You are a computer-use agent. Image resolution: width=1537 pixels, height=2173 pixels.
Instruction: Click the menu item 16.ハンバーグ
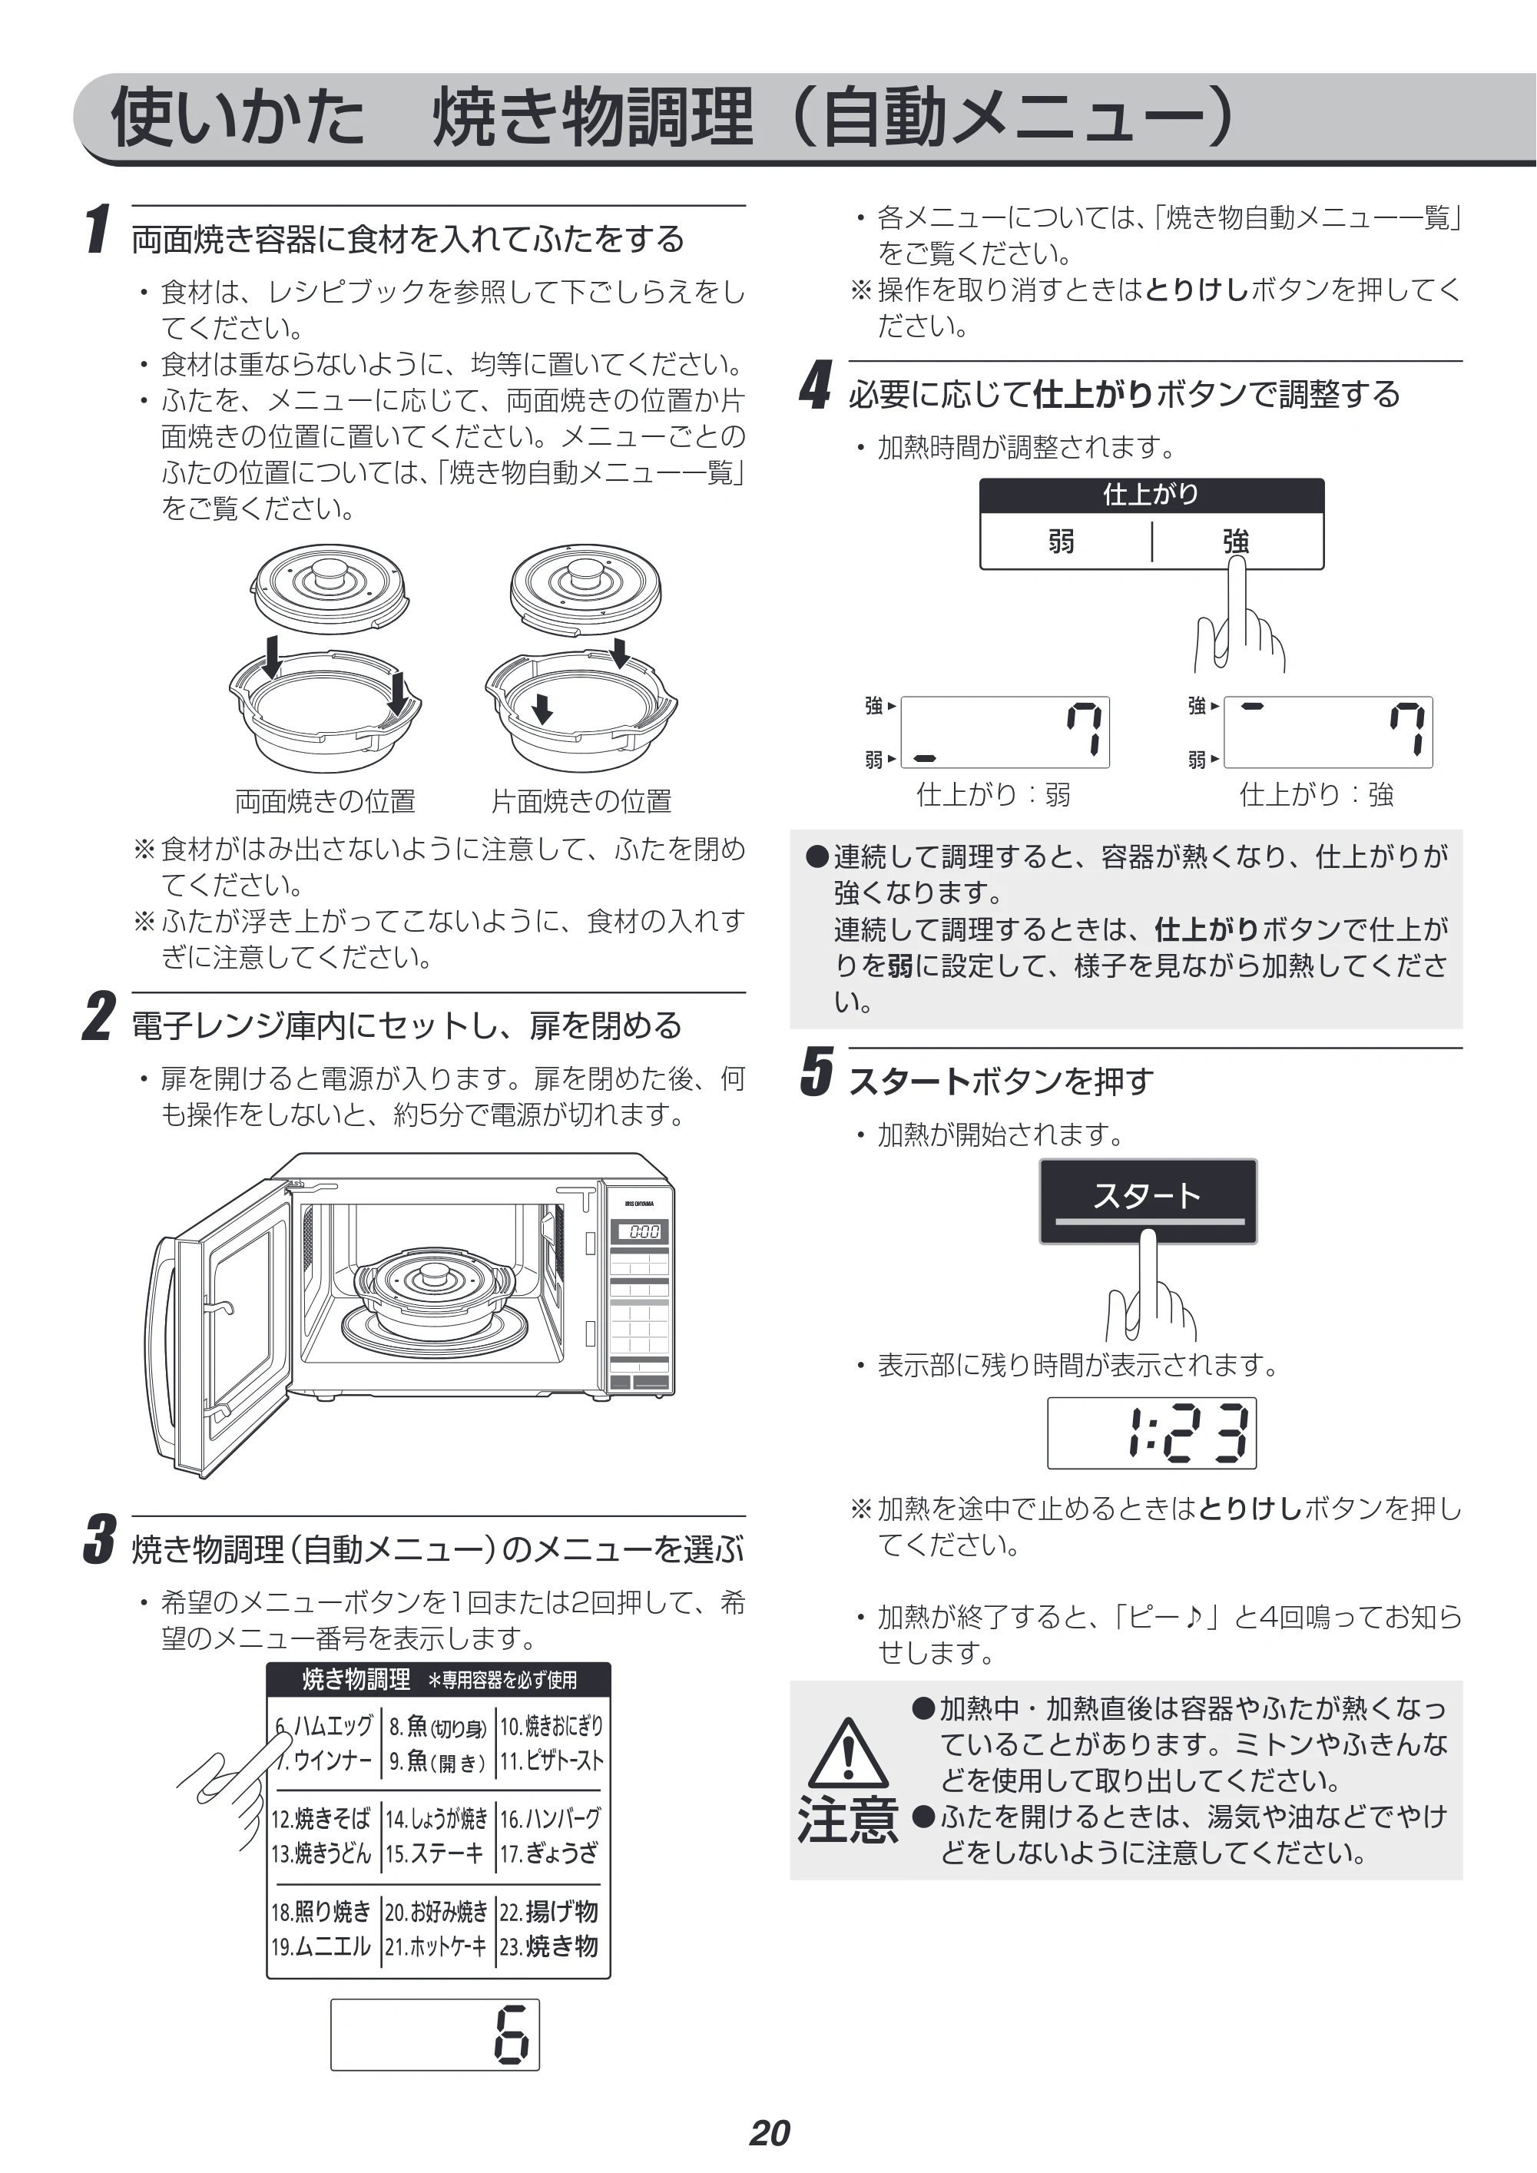pyautogui.click(x=550, y=1818)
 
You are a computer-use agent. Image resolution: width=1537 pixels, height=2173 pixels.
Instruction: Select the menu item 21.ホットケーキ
pyautogui.click(x=436, y=1946)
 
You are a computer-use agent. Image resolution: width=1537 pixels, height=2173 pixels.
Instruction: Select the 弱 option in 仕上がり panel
pyautogui.click(x=1062, y=542)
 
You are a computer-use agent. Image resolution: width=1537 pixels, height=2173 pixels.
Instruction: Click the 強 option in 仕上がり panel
pyautogui.click(x=1236, y=542)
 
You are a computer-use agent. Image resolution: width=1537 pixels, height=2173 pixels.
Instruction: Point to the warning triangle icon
pyautogui.click(x=849, y=1752)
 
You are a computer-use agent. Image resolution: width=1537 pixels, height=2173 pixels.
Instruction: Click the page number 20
pyautogui.click(x=770, y=2132)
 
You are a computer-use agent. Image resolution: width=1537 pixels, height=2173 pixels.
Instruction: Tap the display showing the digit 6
pyautogui.click(x=436, y=2034)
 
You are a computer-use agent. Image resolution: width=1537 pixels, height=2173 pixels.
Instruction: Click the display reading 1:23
pyautogui.click(x=1152, y=1433)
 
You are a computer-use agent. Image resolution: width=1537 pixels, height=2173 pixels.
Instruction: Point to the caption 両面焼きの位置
pyautogui.click(x=325, y=802)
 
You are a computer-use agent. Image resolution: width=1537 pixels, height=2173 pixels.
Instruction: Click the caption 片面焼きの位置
pyautogui.click(x=581, y=802)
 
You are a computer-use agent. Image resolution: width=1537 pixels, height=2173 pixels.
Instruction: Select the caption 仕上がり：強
pyautogui.click(x=1317, y=795)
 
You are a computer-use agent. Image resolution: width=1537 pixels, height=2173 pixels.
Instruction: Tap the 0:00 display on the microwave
pyautogui.click(x=643, y=1231)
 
